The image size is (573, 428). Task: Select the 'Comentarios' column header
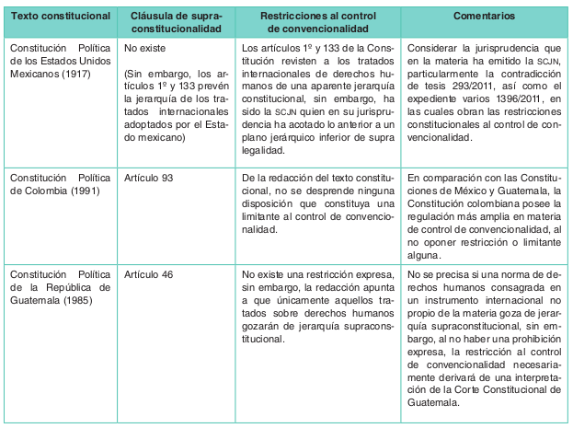point(483,17)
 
